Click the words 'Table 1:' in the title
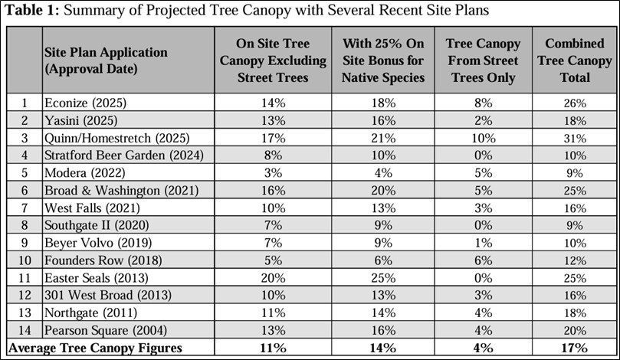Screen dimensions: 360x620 pyautogui.click(x=28, y=11)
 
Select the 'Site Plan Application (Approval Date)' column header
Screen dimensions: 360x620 pyautogui.click(x=105, y=60)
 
